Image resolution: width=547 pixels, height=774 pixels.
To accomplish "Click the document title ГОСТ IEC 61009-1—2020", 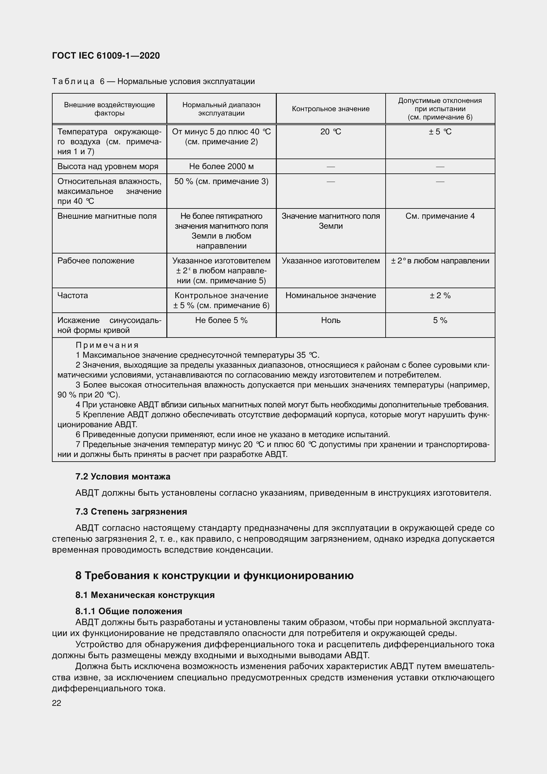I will coord(106,56).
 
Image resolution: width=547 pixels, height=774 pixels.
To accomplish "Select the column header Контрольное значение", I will coord(330,109).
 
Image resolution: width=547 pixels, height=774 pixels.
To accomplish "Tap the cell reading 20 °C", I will coord(330,132).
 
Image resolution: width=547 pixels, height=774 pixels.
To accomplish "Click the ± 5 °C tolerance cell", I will coord(440,132).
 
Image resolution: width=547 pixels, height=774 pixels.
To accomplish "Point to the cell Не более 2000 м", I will coord(221,166).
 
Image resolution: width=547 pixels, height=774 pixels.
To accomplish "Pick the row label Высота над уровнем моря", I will coord(108,166).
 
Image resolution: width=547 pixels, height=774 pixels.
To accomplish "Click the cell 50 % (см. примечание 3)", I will coord(221,182).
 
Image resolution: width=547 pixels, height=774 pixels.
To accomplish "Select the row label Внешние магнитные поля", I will coord(107,216).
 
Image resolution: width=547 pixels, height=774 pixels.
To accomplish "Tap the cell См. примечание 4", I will coord(440,216).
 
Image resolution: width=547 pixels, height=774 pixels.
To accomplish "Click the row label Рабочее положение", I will coord(96,261).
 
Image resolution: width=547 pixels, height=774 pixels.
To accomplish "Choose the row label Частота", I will coord(72,296).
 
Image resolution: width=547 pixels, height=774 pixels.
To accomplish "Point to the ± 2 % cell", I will coord(440,296).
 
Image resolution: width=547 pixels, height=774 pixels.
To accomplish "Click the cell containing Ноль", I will coord(330,320).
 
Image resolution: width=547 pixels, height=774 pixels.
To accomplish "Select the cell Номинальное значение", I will coord(330,296).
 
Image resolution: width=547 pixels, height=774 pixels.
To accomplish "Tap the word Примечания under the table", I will coord(107,345).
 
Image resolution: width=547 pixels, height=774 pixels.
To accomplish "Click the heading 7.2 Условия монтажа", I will coord(123,477).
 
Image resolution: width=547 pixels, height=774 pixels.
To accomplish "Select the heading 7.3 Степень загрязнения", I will coord(131,512).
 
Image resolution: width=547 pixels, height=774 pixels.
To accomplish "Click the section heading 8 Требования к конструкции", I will coord(214,575).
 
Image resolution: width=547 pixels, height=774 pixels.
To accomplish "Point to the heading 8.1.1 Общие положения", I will coord(129,611).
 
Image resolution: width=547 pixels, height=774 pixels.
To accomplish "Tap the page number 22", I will coord(57,703).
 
